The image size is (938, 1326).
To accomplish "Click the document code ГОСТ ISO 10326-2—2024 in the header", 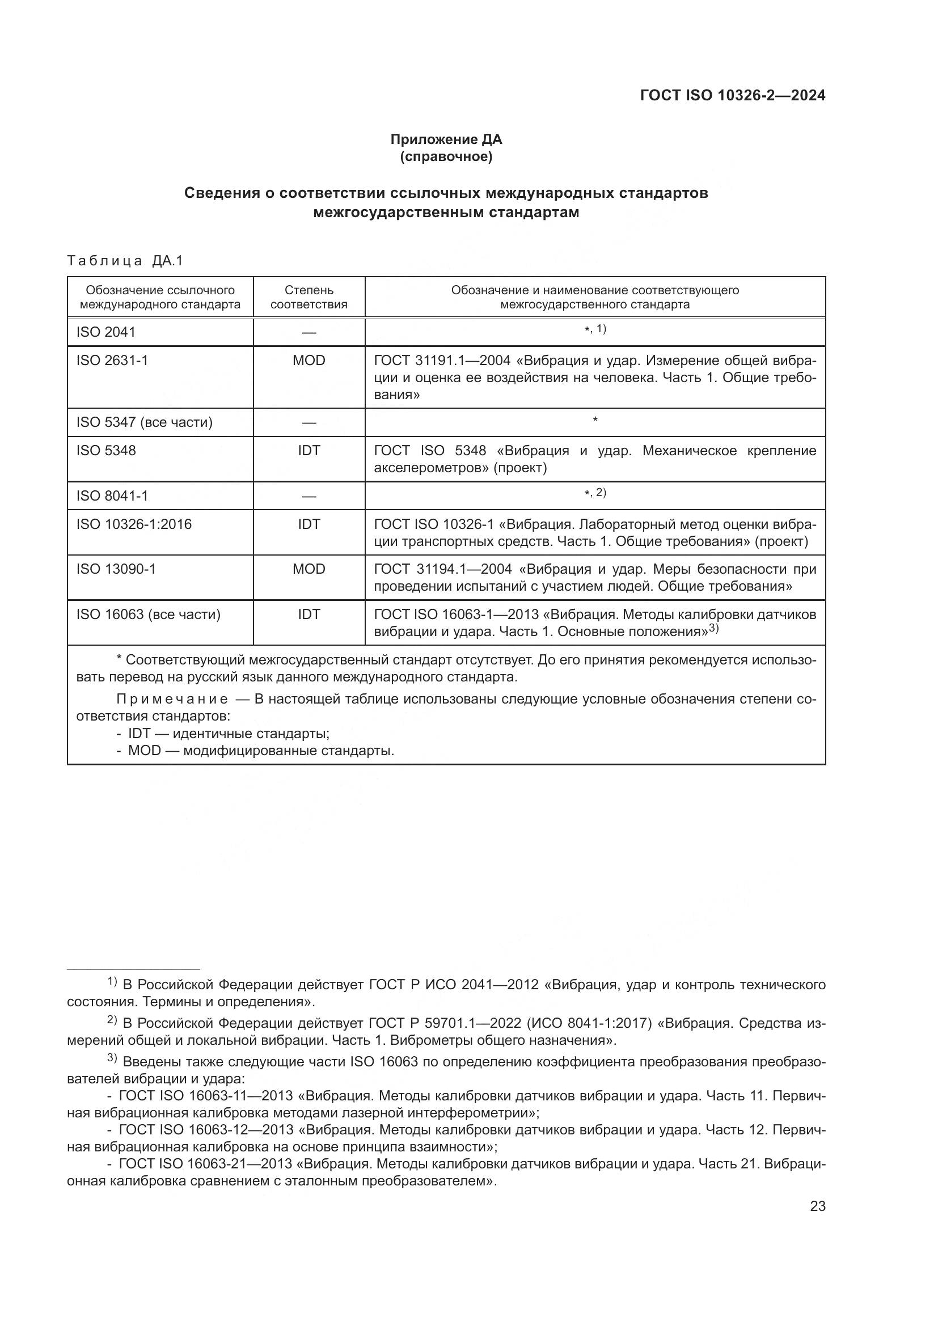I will pos(732,95).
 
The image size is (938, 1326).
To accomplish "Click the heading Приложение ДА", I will pos(446,139).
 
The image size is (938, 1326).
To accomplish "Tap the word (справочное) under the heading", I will pos(446,156).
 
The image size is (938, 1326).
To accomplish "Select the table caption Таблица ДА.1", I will pos(125,260).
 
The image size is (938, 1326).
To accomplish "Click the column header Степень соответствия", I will pos(309,297).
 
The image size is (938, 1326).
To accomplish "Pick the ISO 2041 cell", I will pos(105,332).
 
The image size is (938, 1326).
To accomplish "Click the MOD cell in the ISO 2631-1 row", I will pos(309,361).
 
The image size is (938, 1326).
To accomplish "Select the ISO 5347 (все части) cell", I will pos(145,422).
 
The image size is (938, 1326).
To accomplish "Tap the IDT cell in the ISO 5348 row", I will pos(309,451).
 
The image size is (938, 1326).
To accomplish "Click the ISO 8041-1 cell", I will pos(112,495).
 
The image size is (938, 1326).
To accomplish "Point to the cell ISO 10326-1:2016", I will pos(134,524).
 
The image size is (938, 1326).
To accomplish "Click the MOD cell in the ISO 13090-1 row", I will pos(309,569).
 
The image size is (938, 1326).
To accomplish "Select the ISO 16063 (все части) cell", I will pos(149,615).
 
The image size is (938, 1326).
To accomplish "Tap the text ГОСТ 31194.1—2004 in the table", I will pos(442,569).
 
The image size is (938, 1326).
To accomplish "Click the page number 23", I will pos(817,1206).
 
